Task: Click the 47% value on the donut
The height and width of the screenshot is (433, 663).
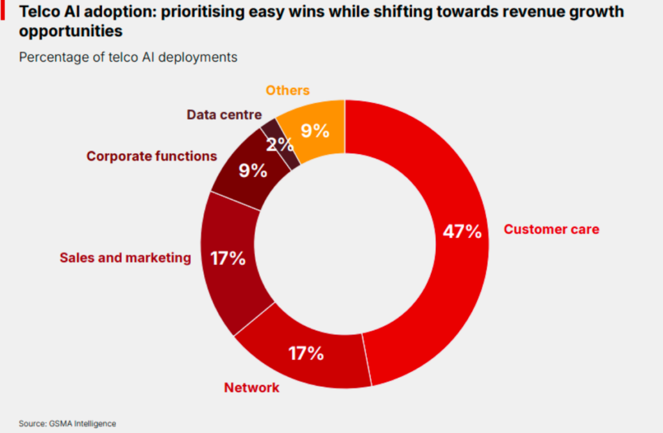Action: (462, 232)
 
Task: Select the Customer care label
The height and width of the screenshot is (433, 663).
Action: (551, 229)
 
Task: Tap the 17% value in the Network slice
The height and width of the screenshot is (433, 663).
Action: (306, 353)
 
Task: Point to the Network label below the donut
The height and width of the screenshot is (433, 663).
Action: (251, 387)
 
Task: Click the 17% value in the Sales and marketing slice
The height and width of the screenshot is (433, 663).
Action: (228, 259)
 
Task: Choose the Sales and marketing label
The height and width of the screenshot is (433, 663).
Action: (125, 258)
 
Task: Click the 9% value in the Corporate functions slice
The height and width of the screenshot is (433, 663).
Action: (253, 171)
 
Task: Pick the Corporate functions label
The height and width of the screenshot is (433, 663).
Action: (151, 156)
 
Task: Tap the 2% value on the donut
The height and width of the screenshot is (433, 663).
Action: (280, 144)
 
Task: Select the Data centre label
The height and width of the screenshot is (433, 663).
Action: (224, 115)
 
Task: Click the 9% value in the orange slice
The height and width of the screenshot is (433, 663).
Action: (315, 132)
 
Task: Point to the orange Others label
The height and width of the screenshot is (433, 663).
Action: (288, 90)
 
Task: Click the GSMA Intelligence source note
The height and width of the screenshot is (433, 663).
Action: (67, 423)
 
